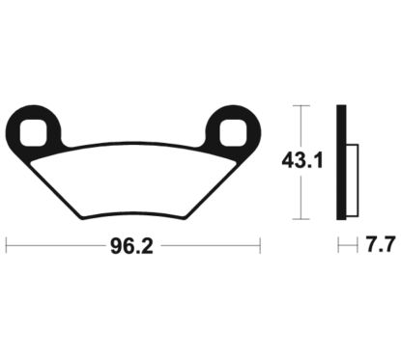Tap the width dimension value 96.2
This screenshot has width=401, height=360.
click(132, 247)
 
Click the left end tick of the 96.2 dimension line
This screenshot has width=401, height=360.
click(7, 247)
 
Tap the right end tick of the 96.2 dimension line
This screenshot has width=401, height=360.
click(259, 247)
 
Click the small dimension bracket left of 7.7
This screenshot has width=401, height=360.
click(342, 247)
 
